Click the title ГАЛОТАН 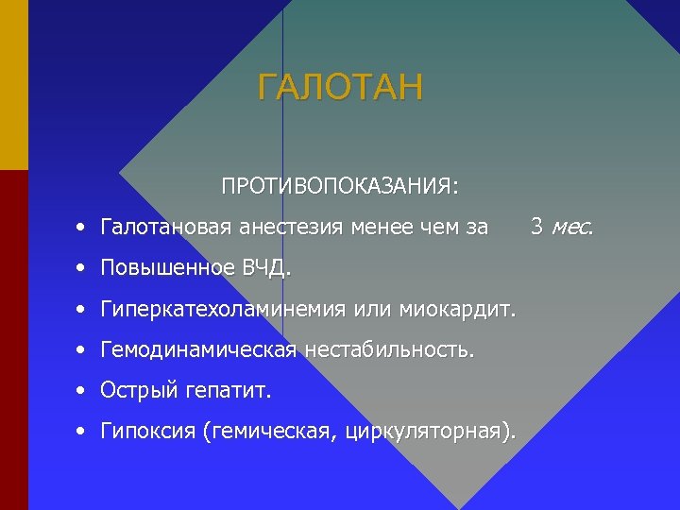[x=340, y=88]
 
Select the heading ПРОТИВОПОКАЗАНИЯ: [x=340, y=185]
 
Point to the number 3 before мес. [x=536, y=227]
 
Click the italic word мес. [x=572, y=228]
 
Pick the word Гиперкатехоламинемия [x=223, y=310]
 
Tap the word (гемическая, [x=268, y=433]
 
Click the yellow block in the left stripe [x=13, y=85]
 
